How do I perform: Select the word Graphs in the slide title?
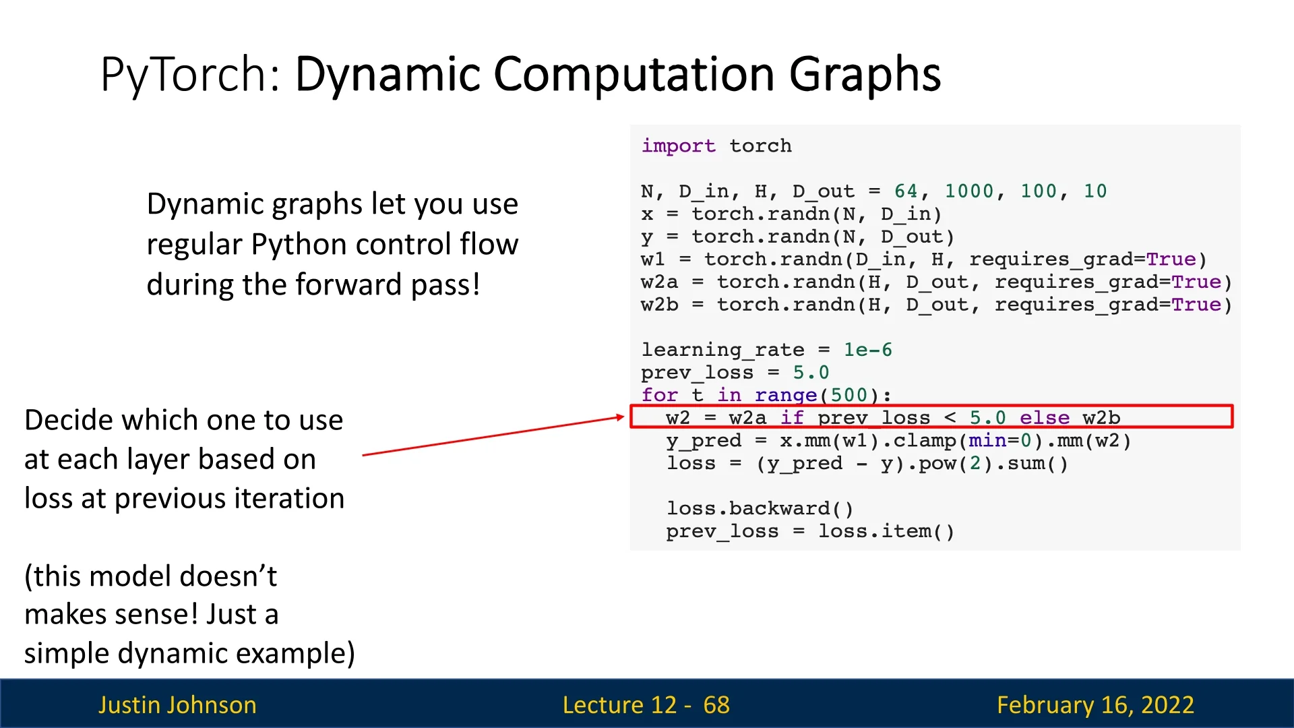[865, 75]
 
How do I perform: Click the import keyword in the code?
[678, 146]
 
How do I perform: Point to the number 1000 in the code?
[969, 191]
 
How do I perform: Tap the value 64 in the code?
[906, 191]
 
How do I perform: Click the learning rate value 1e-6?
[868, 349]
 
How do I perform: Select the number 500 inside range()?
[849, 394]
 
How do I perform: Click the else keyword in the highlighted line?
[1045, 418]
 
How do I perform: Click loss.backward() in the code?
[760, 508]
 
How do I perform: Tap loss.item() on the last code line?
[887, 531]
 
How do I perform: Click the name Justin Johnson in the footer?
[178, 704]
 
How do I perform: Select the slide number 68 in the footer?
[716, 704]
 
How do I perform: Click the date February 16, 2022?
[1096, 704]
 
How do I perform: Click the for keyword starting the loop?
[660, 394]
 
